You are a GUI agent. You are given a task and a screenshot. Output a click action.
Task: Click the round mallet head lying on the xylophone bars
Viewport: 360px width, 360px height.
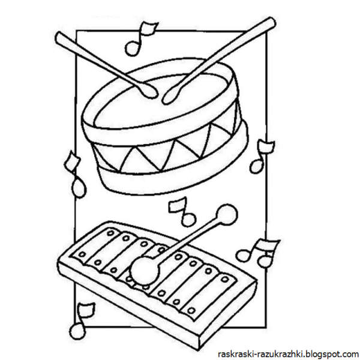point(145,271)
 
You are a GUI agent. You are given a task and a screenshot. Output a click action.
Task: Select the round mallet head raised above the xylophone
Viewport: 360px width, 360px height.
point(227,214)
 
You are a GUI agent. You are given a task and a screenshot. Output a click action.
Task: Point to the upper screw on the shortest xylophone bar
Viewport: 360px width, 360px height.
point(225,280)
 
